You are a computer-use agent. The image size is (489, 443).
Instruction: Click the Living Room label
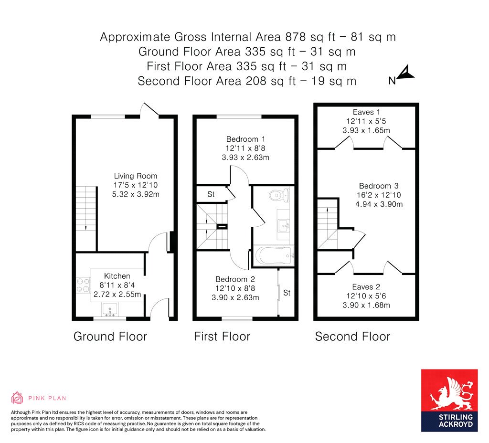coord(135,176)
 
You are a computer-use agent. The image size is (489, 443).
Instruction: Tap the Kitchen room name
coord(117,276)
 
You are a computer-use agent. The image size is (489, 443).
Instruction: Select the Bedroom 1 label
coord(245,139)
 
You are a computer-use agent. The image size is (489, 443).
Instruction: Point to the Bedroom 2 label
coord(235,279)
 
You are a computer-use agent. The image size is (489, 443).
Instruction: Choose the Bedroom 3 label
coord(379,186)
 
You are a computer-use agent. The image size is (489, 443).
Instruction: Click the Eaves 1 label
coord(366,112)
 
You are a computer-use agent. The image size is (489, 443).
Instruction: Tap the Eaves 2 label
coord(366,287)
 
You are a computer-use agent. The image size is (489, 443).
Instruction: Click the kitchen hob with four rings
coord(83,285)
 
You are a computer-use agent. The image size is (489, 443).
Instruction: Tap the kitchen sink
coord(109,310)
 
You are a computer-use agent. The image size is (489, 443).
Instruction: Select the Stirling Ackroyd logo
coord(449,401)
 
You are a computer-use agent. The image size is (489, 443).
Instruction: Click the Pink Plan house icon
coord(17,398)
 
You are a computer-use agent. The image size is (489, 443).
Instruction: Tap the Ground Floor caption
coord(110,337)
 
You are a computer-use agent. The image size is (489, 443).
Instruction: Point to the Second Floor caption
coord(352,337)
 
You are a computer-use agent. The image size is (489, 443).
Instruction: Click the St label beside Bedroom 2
coord(287,293)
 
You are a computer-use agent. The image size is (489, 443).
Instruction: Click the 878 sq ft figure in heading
coord(310,37)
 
